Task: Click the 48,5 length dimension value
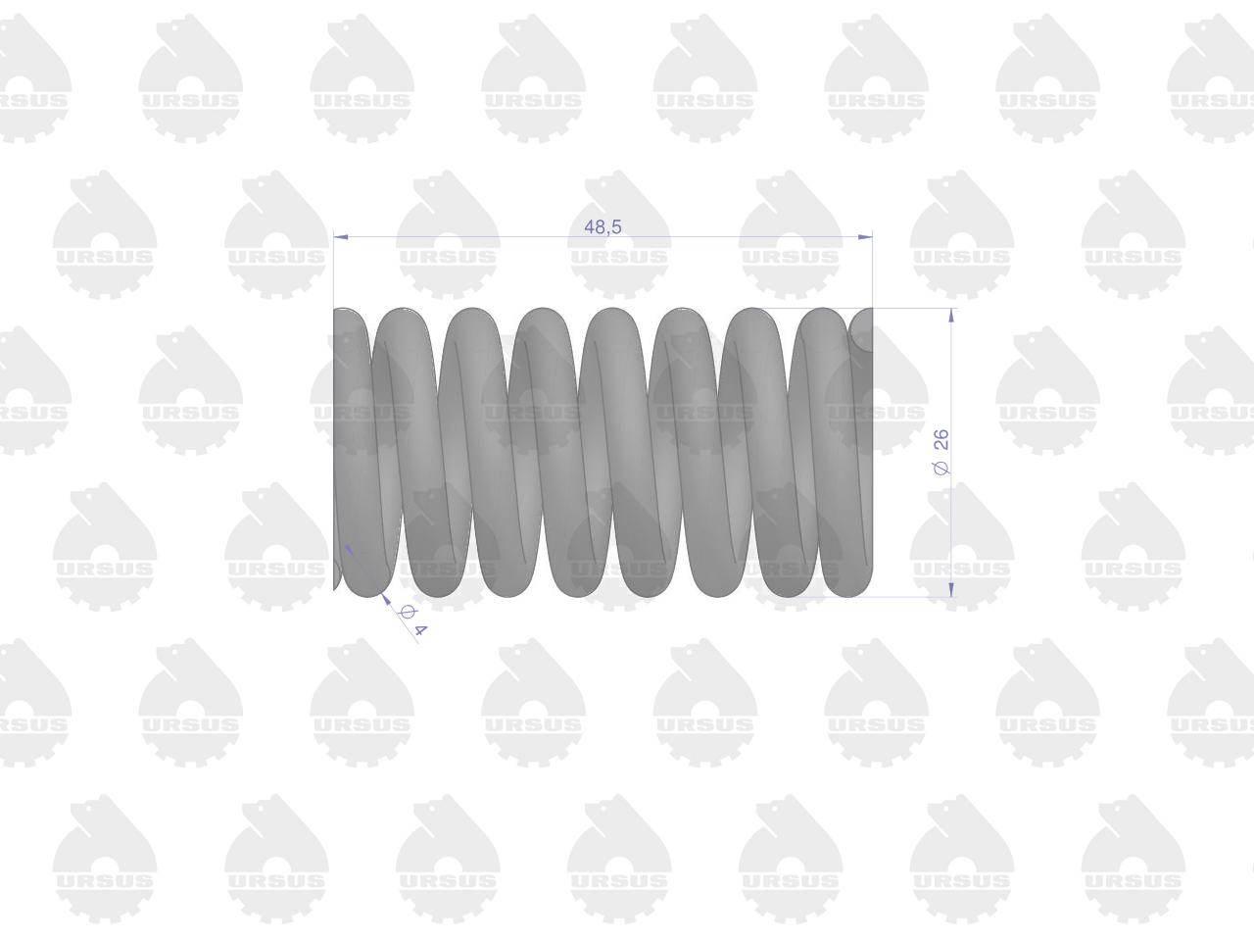603,227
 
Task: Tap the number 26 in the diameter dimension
940,440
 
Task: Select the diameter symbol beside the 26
940,469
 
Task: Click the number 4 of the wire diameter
420,630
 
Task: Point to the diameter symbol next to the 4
407,613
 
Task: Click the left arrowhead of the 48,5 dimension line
341,236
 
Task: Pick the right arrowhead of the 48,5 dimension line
865,236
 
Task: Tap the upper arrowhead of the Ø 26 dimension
951,316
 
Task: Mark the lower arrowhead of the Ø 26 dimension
951,590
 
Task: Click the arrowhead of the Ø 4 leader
386,598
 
